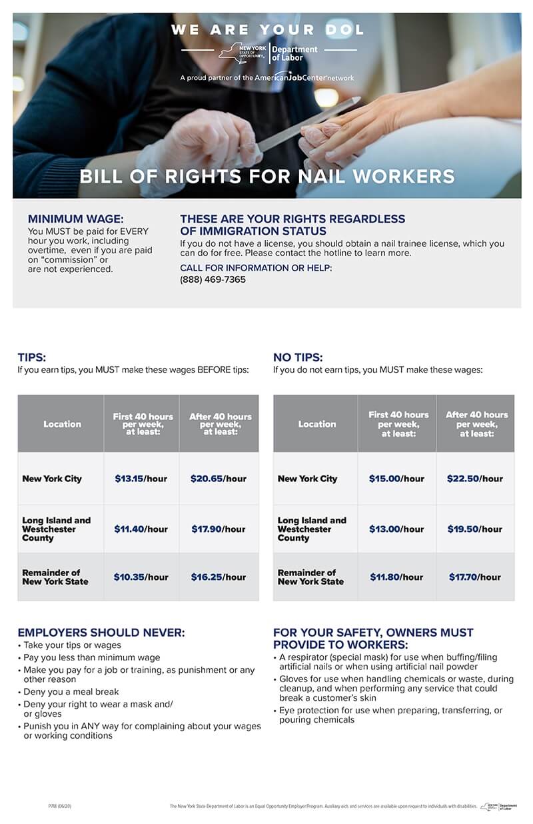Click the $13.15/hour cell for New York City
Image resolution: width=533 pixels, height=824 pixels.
[141, 479]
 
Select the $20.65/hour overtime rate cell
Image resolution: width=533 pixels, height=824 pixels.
[219, 479]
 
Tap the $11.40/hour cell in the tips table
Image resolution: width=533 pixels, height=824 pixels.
[141, 529]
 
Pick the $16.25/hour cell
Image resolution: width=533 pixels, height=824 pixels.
[219, 577]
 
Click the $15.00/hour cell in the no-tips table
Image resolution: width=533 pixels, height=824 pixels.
[396, 479]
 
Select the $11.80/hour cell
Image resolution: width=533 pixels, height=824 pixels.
[396, 577]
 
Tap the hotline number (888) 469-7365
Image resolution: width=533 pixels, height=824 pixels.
[213, 280]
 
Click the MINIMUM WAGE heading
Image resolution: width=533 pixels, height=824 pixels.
[75, 219]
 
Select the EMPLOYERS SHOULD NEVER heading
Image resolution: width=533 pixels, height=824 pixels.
[101, 633]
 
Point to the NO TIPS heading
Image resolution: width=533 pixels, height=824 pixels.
[298, 358]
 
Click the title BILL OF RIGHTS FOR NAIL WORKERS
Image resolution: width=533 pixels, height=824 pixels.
[267, 177]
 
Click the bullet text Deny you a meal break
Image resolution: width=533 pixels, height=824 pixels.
[71, 692]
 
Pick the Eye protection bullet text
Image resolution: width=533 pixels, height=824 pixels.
[390, 715]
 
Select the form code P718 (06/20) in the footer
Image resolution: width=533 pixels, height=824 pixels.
[60, 807]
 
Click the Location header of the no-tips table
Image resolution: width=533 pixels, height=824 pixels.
[317, 424]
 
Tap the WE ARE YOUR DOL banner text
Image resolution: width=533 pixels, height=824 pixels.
[267, 30]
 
